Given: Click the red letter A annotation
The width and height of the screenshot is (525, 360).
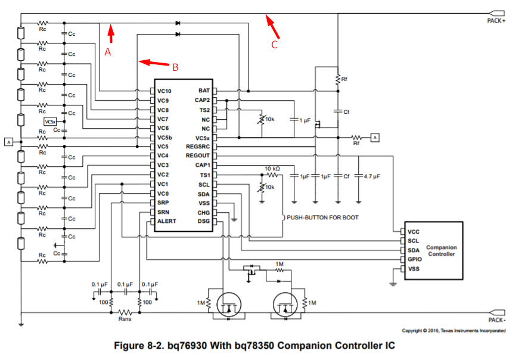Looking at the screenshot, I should click(x=108, y=52).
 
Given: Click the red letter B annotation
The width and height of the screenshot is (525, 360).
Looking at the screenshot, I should click(x=175, y=67).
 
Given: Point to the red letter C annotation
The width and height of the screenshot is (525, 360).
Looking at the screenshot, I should click(x=275, y=45).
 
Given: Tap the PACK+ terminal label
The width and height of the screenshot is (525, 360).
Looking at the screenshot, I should click(x=496, y=21).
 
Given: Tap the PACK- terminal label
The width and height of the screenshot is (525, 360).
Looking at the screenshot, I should click(x=496, y=320).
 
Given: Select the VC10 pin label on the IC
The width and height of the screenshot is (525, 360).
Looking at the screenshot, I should click(x=165, y=91).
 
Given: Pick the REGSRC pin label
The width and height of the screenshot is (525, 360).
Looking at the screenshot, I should click(x=198, y=147).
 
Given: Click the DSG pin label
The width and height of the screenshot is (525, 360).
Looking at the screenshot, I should click(x=203, y=222).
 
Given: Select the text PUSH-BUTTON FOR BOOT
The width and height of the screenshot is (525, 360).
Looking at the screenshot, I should click(x=322, y=218).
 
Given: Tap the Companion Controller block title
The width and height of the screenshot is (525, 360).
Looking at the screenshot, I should click(x=441, y=250).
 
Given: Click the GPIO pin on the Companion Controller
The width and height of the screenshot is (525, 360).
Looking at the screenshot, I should click(x=415, y=260).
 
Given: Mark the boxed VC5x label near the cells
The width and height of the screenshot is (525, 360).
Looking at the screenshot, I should click(x=51, y=122).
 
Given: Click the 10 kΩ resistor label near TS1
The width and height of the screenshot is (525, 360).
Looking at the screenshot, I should click(x=272, y=169).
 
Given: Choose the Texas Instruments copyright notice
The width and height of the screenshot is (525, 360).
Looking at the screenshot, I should click(x=453, y=330).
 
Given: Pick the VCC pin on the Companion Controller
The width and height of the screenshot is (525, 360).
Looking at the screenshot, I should click(x=414, y=231).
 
